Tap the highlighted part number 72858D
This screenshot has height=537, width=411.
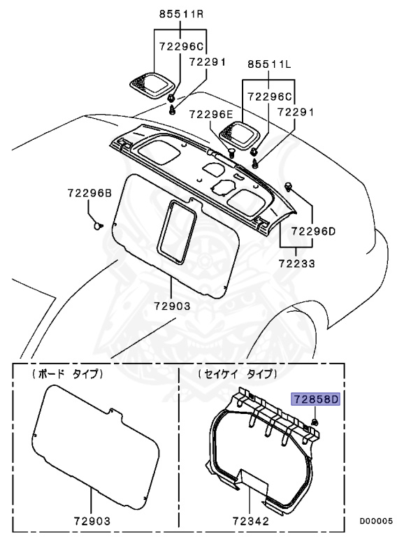(x=315, y=400)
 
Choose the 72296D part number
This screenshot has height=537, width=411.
(x=313, y=230)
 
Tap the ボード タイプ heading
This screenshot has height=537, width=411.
(x=68, y=375)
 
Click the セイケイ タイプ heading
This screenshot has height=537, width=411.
(x=237, y=375)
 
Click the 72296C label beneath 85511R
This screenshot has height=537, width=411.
(x=180, y=46)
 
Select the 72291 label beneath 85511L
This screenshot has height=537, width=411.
(x=297, y=111)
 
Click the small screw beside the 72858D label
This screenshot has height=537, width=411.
(x=315, y=422)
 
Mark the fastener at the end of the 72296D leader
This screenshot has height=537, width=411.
(x=289, y=185)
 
